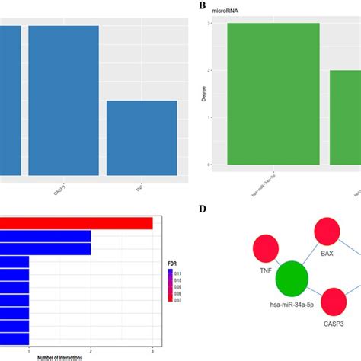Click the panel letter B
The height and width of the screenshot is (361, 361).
coord(202,6)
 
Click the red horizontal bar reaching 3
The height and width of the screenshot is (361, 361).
coord(76,222)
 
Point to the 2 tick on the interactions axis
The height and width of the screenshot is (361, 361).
coord(91,350)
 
